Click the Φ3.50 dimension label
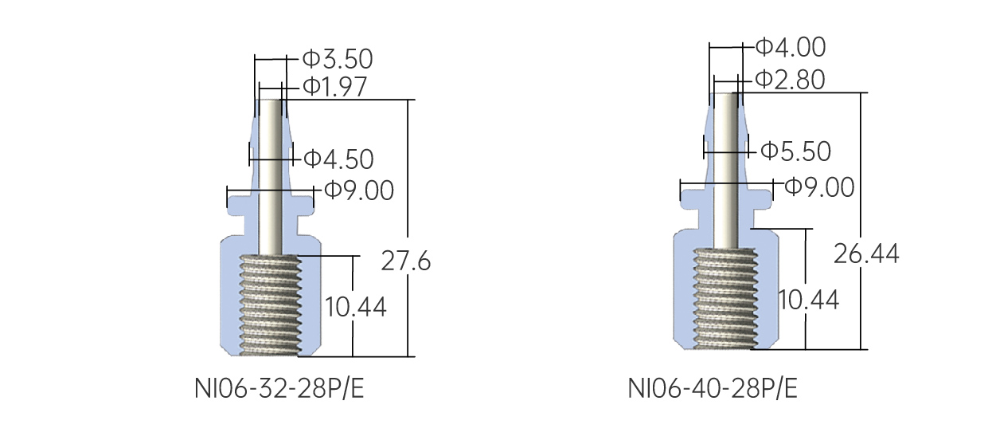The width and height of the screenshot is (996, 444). (338, 59)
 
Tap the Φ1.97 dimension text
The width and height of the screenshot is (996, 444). (334, 87)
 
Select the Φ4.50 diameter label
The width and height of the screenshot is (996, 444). (338, 159)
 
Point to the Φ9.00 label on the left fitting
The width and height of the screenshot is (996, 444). (358, 191)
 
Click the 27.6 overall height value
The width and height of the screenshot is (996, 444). (405, 261)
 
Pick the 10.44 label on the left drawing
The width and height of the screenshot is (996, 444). (355, 307)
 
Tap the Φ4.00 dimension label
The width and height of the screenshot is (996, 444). (790, 47)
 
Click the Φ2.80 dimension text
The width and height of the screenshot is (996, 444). (790, 80)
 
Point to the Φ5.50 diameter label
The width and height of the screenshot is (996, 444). (795, 151)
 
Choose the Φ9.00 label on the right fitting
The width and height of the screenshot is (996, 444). (819, 188)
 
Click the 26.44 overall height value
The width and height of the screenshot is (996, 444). (866, 253)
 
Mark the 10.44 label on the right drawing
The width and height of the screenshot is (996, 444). (808, 300)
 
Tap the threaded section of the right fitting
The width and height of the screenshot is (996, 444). (724, 298)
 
